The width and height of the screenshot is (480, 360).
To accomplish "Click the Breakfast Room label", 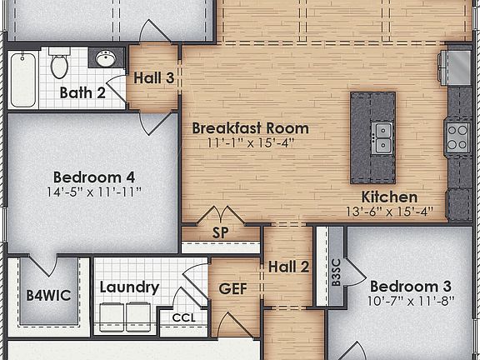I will tap(250, 128).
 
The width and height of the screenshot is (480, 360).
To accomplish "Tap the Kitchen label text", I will tap(389, 197).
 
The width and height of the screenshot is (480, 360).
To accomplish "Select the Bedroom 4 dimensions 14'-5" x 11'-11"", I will tap(93, 192).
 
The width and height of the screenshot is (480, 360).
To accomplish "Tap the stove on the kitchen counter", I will tap(457, 136).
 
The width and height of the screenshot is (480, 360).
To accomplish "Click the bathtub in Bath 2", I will tap(22, 81).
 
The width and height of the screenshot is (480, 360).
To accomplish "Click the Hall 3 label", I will tap(154, 78).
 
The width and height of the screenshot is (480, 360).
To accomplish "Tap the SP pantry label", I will tap(221, 232).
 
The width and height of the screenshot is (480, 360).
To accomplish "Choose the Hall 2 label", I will tap(289, 267).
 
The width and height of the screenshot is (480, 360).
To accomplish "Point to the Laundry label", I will tap(129, 287).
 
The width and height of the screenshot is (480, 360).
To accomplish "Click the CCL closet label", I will tap(183, 317).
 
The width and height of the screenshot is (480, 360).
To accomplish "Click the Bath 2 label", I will tap(82, 92).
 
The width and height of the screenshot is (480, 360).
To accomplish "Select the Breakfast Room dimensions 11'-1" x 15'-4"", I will tap(250, 143).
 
